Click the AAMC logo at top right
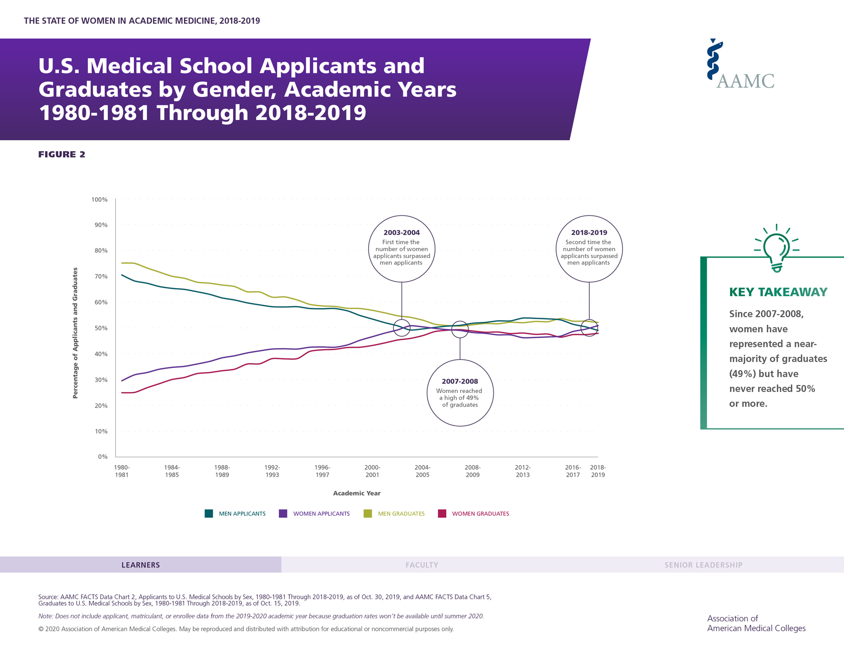[x=740, y=65]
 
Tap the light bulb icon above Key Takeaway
[x=776, y=248]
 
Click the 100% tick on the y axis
[x=99, y=200]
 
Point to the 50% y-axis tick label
[x=101, y=328]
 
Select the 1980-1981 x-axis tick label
[x=122, y=471]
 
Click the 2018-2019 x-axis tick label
[x=597, y=471]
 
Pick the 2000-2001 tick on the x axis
[x=372, y=471]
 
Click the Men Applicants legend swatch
[x=209, y=513]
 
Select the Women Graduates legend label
[x=480, y=513]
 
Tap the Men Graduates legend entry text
[x=401, y=513]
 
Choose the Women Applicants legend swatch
[x=283, y=513]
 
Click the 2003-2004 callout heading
[x=401, y=233]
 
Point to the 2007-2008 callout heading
[x=460, y=381]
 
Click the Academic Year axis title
[x=357, y=493]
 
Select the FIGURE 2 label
[x=62, y=155]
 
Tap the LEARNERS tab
[x=140, y=565]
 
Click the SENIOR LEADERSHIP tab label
[x=703, y=565]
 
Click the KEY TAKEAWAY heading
[x=778, y=292]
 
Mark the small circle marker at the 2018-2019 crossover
[x=589, y=328]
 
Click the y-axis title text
[x=75, y=333]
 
